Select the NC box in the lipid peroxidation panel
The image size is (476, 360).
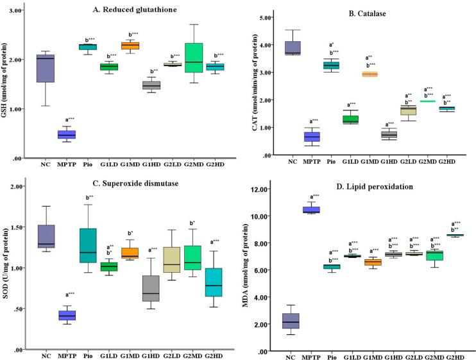tap(291, 321)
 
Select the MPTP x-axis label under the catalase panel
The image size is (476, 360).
tap(312, 161)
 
